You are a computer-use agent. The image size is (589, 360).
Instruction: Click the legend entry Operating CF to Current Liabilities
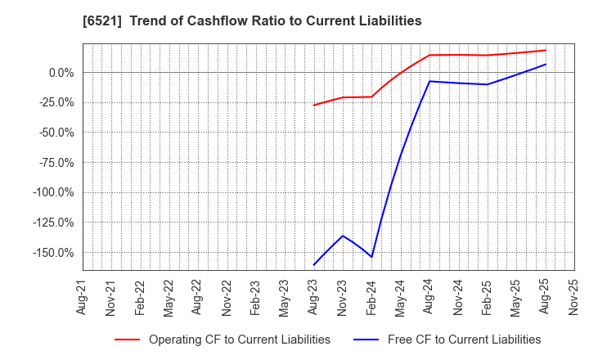(239, 340)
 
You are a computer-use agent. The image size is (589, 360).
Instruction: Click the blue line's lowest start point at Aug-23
(313, 265)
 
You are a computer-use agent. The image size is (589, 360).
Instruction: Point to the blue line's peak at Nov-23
(343, 236)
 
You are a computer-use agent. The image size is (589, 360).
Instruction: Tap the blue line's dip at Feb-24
(371, 257)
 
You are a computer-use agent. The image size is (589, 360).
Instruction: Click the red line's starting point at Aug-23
(313, 106)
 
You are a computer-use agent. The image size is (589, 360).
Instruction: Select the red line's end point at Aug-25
(546, 50)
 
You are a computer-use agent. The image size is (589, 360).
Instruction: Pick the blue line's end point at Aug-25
(546, 64)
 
